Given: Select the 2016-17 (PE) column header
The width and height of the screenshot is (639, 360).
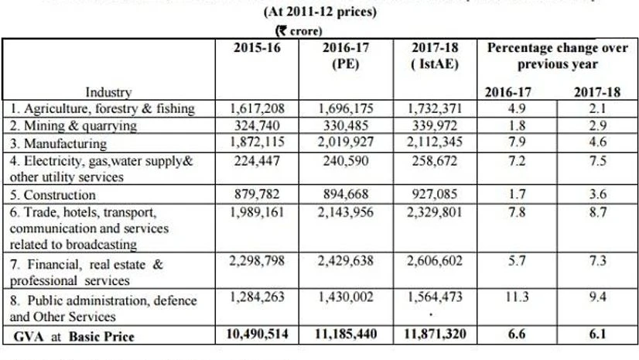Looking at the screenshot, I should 345,55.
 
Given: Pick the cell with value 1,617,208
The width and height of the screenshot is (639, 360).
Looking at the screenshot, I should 258,108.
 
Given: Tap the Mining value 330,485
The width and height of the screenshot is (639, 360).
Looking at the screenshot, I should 345,125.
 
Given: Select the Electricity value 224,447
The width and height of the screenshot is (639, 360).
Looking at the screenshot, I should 258,160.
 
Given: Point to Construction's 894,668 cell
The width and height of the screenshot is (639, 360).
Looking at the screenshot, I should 345,194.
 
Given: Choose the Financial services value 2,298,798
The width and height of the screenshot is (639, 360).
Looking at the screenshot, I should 258,263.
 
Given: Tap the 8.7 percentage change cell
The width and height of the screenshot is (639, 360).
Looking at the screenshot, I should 596,211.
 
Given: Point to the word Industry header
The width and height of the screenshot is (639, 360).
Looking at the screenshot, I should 109,92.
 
